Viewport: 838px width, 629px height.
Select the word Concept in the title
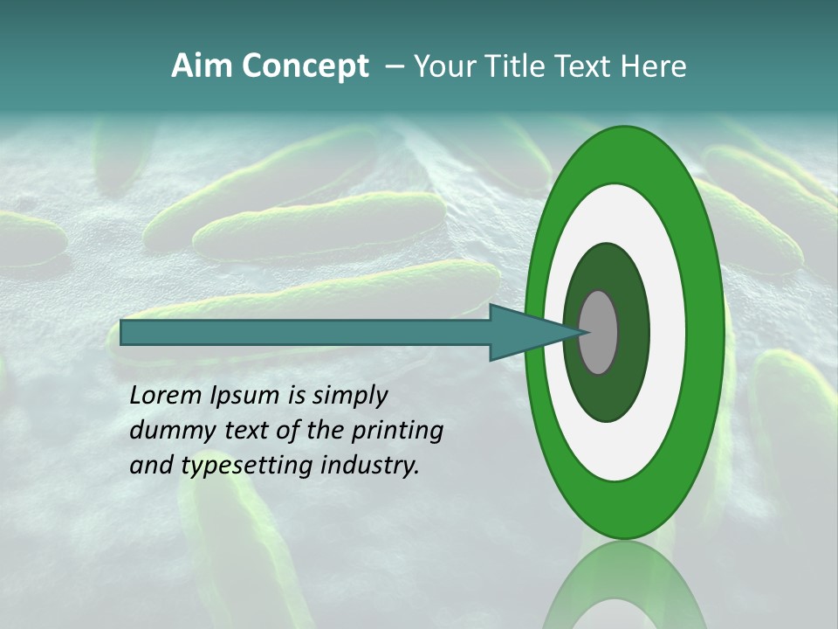click(x=306, y=66)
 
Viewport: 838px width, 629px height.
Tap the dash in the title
click(x=395, y=66)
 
